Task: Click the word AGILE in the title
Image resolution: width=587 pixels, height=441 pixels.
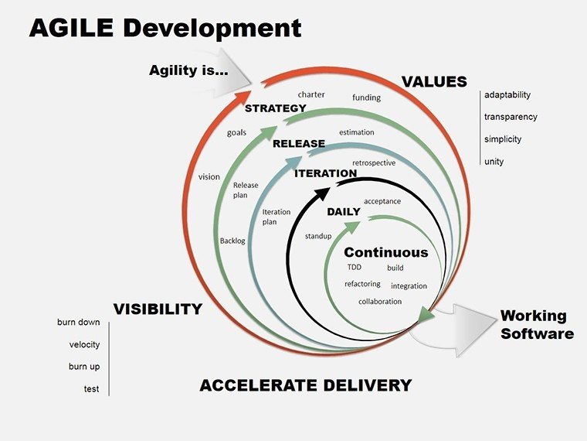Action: coord(72,28)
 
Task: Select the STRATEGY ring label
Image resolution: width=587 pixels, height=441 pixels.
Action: coord(275,108)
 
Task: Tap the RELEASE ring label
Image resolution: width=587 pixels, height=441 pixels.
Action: coord(298,143)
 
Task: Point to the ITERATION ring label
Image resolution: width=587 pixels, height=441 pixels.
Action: coord(325,173)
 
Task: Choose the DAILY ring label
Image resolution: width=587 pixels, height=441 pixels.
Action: coord(344,211)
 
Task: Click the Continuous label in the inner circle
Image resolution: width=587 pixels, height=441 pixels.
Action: coord(385,252)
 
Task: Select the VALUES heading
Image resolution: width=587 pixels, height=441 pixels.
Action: coord(434,82)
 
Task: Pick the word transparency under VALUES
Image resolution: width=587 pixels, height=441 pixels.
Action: coord(511,117)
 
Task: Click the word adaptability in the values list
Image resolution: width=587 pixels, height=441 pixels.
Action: coord(507,95)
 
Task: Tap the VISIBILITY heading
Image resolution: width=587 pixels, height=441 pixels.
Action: coord(158,309)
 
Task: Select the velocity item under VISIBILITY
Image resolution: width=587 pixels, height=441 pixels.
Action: coord(84,344)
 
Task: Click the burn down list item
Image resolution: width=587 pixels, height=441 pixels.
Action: coord(78,322)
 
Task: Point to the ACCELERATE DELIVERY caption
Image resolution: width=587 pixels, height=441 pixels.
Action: coord(305,385)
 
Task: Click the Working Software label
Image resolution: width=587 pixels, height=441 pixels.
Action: coord(537,325)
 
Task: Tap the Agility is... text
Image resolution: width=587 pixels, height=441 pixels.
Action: coord(187,70)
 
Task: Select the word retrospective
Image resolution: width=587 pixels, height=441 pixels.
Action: coord(374,163)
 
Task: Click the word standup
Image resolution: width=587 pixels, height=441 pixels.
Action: coord(318,235)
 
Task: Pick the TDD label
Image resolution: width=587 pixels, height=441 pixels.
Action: coord(355,268)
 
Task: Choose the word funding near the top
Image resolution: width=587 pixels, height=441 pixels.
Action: coord(367,97)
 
